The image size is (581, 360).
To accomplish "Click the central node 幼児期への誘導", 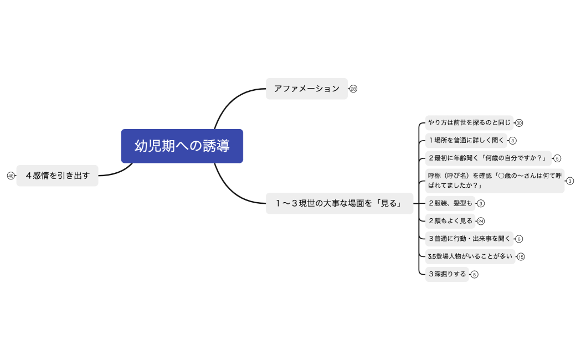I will (182, 146).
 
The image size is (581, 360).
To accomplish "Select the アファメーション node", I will (306, 89).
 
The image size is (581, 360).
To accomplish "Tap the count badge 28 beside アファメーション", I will (353, 89).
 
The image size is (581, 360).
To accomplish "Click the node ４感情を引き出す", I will (57, 176).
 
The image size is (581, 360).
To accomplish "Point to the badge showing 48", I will (11, 176).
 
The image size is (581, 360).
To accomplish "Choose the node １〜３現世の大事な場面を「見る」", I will (339, 203).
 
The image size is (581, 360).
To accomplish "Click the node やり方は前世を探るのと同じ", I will (469, 123).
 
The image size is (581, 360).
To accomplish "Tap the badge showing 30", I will (519, 123).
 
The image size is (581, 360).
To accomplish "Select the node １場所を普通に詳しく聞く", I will (466, 141).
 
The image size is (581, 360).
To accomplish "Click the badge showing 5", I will (557, 158).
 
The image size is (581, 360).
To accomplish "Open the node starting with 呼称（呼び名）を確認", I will (495, 181).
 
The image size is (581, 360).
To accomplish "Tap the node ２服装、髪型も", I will (450, 203).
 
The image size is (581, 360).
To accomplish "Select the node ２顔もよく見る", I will (450, 221).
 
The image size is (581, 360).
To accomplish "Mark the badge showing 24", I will (481, 221).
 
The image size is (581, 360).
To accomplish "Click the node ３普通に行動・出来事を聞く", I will (469, 239).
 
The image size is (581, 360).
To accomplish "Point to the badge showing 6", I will (519, 239).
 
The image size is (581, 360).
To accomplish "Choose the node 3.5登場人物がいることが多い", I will (470, 256).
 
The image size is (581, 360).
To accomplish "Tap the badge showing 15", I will (521, 256).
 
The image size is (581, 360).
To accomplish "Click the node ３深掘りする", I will (446, 274).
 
